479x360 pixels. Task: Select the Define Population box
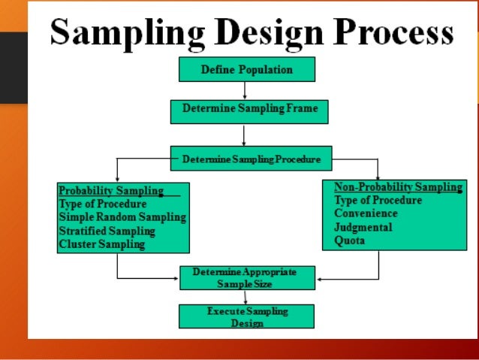pyautogui.click(x=246, y=69)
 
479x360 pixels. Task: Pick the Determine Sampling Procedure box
pyautogui.click(x=251, y=159)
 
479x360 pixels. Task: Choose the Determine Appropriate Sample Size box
pyautogui.click(x=247, y=278)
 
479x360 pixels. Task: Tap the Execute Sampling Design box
pyautogui.click(x=246, y=316)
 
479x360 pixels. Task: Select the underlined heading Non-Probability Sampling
pyautogui.click(x=396, y=188)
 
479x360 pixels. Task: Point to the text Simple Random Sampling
pyautogui.click(x=122, y=217)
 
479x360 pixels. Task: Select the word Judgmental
pyautogui.click(x=363, y=228)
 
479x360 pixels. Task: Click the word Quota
pyautogui.click(x=349, y=241)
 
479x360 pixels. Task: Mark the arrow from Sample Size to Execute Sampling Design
pyautogui.click(x=246, y=297)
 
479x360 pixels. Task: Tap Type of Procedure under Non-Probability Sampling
pyautogui.click(x=378, y=201)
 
